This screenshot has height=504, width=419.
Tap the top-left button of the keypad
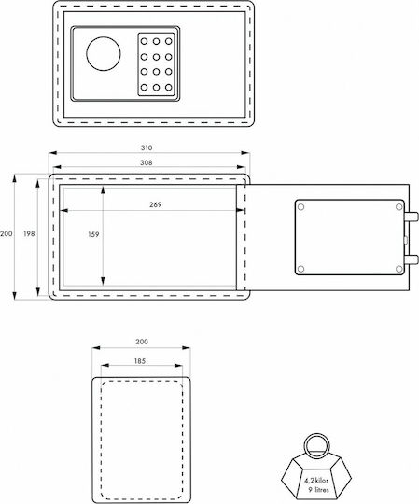pyautogui.click(x=144, y=41)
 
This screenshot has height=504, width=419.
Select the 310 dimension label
pyautogui.click(x=147, y=147)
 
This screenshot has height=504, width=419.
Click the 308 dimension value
pyautogui.click(x=147, y=162)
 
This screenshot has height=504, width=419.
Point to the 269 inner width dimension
pyautogui.click(x=156, y=204)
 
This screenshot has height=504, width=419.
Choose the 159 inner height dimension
pyautogui.click(x=93, y=234)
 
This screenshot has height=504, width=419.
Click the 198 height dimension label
pyautogui.click(x=29, y=234)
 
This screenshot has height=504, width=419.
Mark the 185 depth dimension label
pyautogui.click(x=140, y=361)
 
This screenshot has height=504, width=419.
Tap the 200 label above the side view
pyautogui.click(x=142, y=342)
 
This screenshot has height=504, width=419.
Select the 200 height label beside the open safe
pyautogui.click(x=7, y=234)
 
